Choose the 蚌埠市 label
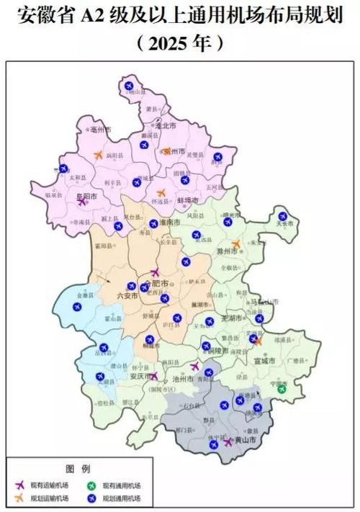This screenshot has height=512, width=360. [186, 200]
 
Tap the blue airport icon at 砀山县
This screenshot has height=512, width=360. [130, 86]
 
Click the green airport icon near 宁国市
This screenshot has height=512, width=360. [282, 390]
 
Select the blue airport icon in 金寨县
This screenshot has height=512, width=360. [78, 306]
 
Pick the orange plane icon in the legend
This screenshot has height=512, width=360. [19, 498]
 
